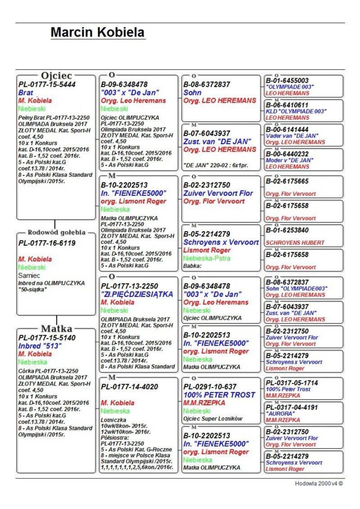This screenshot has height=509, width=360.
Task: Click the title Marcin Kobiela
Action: tap(98, 32)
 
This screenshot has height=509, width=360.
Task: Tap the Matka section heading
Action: tap(56, 328)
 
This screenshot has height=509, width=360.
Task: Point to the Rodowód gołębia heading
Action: tap(56, 233)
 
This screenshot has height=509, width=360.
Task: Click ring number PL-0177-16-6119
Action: tap(47, 243)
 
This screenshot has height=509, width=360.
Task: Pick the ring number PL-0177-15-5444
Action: tap(47, 84)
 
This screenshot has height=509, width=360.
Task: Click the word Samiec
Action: tap(29, 275)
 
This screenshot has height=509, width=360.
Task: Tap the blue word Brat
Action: tap(26, 92)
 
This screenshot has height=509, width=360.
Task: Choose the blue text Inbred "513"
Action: tap(40, 346)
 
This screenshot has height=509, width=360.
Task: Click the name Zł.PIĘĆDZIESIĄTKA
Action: tap(137, 294)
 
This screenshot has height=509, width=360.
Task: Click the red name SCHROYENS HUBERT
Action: tap(295, 243)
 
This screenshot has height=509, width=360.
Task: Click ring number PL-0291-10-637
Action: tap(210, 387)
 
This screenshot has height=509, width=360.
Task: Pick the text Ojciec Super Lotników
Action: tap(212, 419)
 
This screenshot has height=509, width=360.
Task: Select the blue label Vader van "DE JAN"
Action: tap(292, 135)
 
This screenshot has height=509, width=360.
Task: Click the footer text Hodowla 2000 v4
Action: tap(319, 483)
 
